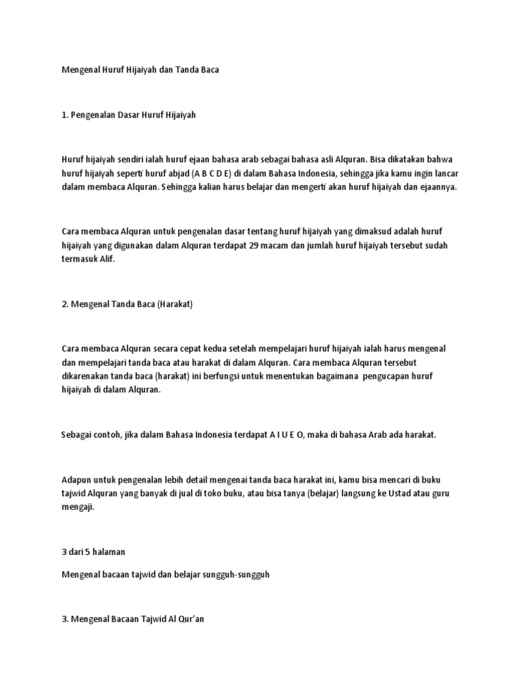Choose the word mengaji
[x=78, y=507]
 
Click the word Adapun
[x=76, y=479]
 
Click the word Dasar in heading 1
[x=136, y=115]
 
